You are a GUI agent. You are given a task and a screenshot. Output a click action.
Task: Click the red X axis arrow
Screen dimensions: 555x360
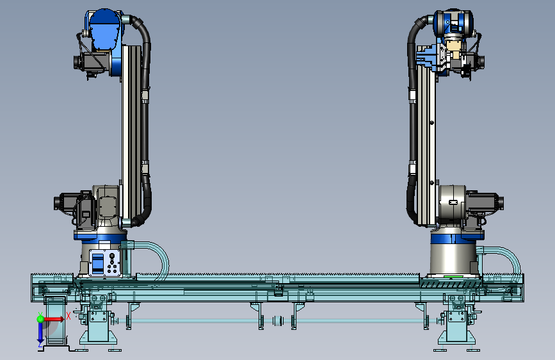click(x=54, y=319)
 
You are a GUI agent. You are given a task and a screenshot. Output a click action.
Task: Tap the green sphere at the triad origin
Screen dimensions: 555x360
click(x=40, y=319)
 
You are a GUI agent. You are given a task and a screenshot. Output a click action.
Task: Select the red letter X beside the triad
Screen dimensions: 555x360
click(x=68, y=316)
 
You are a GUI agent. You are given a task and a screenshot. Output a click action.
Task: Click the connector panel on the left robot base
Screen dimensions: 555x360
click(x=104, y=263)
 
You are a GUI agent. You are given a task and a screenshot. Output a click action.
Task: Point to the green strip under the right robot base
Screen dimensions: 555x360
click(x=453, y=276)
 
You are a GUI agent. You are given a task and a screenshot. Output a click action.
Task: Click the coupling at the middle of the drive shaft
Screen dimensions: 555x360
click(x=278, y=321)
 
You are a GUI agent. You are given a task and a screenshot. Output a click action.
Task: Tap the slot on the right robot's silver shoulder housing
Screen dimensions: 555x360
click(x=453, y=202)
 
